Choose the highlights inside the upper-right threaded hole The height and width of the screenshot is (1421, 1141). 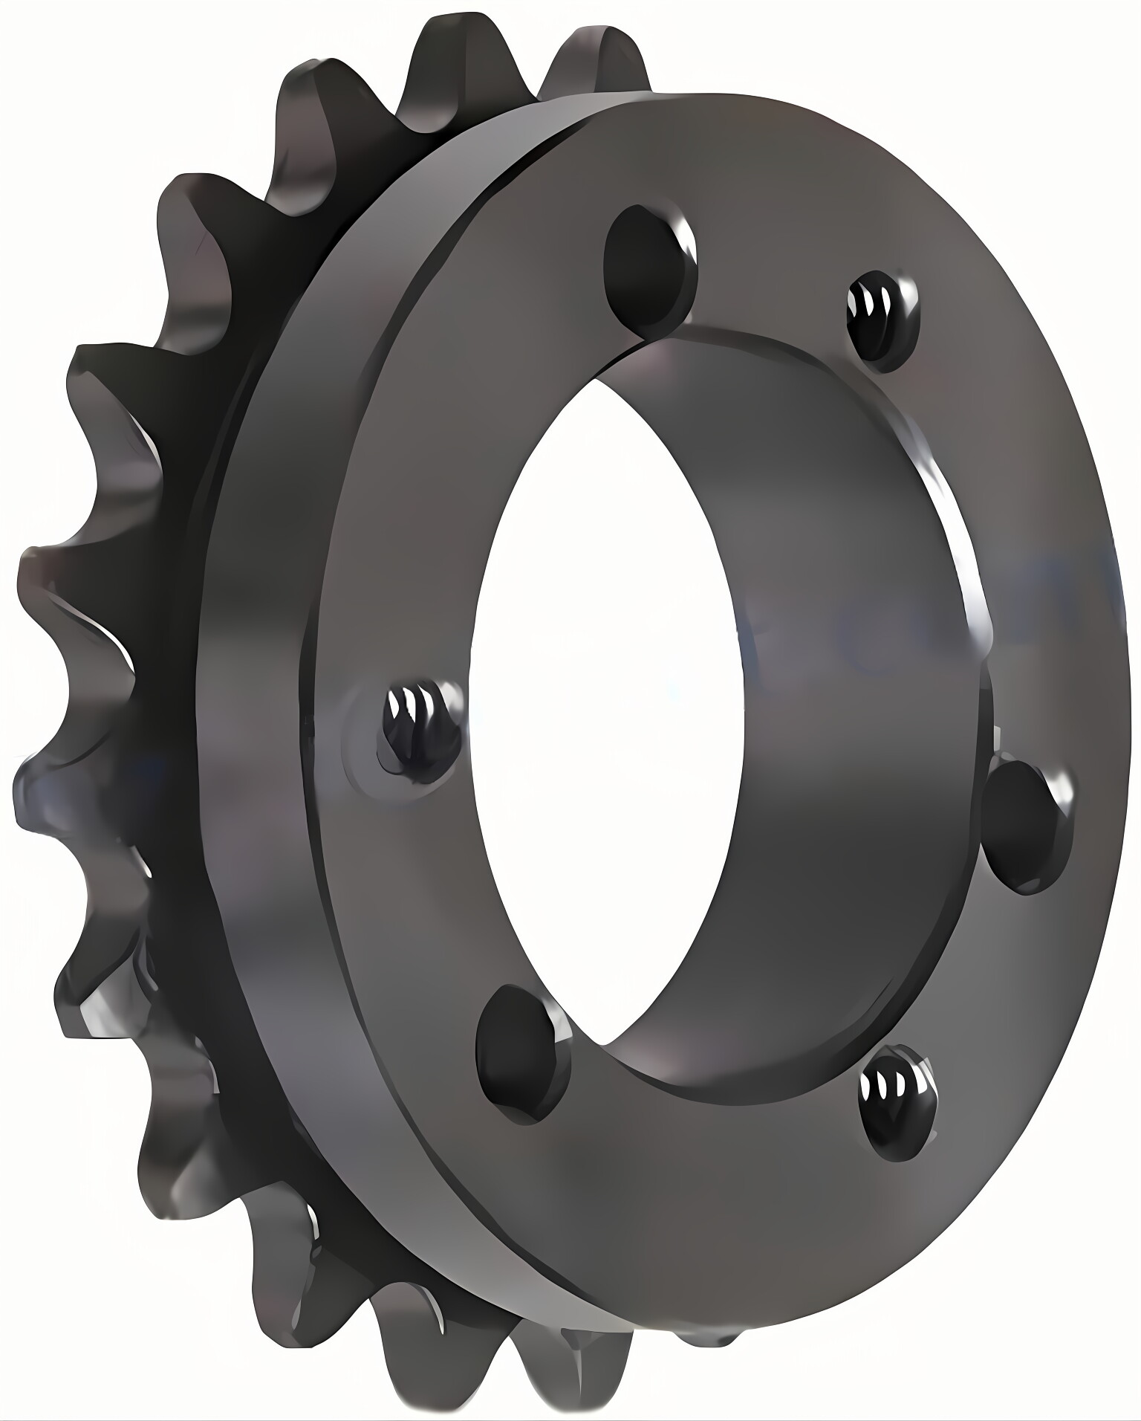tap(877, 305)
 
